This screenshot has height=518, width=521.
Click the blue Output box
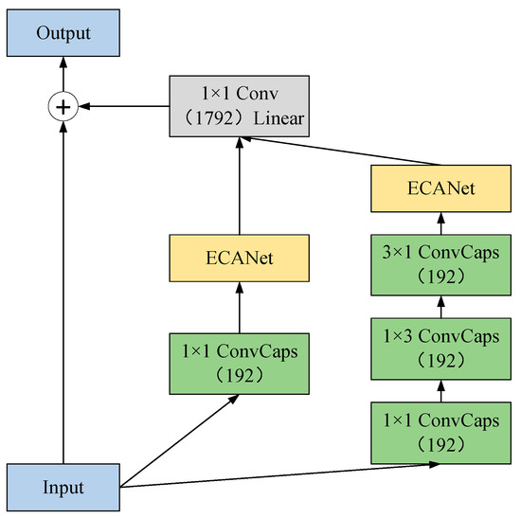click(x=63, y=34)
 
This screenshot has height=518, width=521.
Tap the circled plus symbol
click(x=63, y=107)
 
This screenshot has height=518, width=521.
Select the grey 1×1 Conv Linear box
click(x=240, y=107)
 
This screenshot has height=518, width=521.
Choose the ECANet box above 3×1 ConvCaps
click(x=440, y=189)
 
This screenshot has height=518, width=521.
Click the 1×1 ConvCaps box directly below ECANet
click(x=240, y=362)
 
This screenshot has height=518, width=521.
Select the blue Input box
click(x=63, y=489)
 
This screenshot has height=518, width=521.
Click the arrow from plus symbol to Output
click(x=63, y=77)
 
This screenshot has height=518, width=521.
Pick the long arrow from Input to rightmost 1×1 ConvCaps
click(x=284, y=475)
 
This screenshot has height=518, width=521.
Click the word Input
click(x=63, y=489)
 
